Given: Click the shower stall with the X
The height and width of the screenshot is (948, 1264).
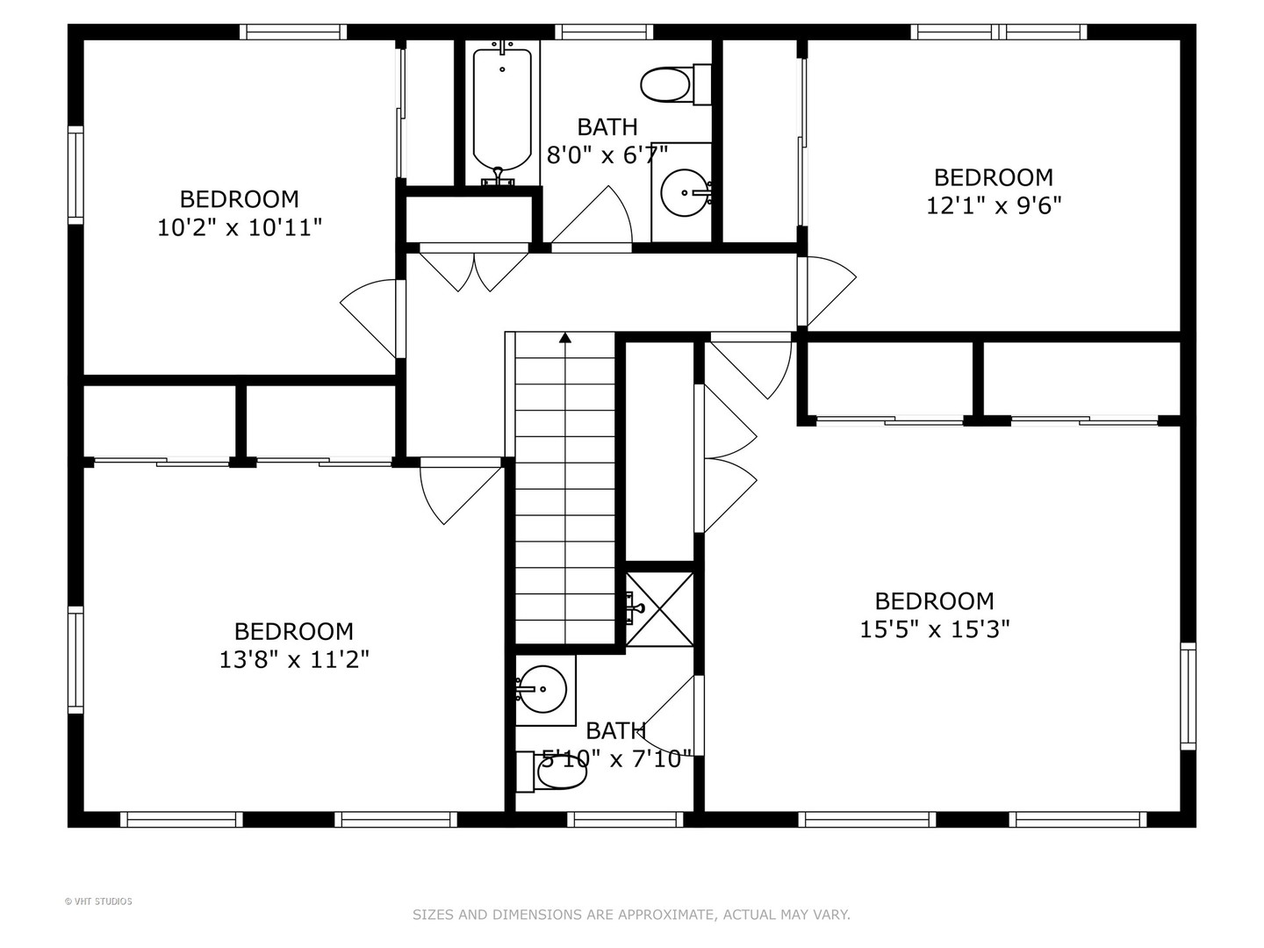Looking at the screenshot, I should (660, 607).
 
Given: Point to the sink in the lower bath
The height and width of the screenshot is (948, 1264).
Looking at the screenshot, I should (541, 687).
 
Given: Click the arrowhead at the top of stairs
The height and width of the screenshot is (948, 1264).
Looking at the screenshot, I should (565, 337).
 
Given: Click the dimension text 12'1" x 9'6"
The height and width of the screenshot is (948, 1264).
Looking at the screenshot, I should (994, 206).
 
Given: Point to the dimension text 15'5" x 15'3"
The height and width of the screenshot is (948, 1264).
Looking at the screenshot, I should (935, 630).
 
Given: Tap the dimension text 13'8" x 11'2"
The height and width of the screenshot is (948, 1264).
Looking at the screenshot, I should (294, 659).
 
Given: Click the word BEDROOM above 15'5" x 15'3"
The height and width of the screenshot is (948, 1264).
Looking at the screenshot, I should (935, 601).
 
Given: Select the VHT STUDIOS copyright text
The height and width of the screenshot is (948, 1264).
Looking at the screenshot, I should (98, 901).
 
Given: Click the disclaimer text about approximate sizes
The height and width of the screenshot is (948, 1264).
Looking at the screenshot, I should (631, 915).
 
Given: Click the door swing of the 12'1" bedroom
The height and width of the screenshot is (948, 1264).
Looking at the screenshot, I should (828, 290).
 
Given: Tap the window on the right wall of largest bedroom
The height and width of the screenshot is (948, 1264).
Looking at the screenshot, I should (1188, 695).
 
